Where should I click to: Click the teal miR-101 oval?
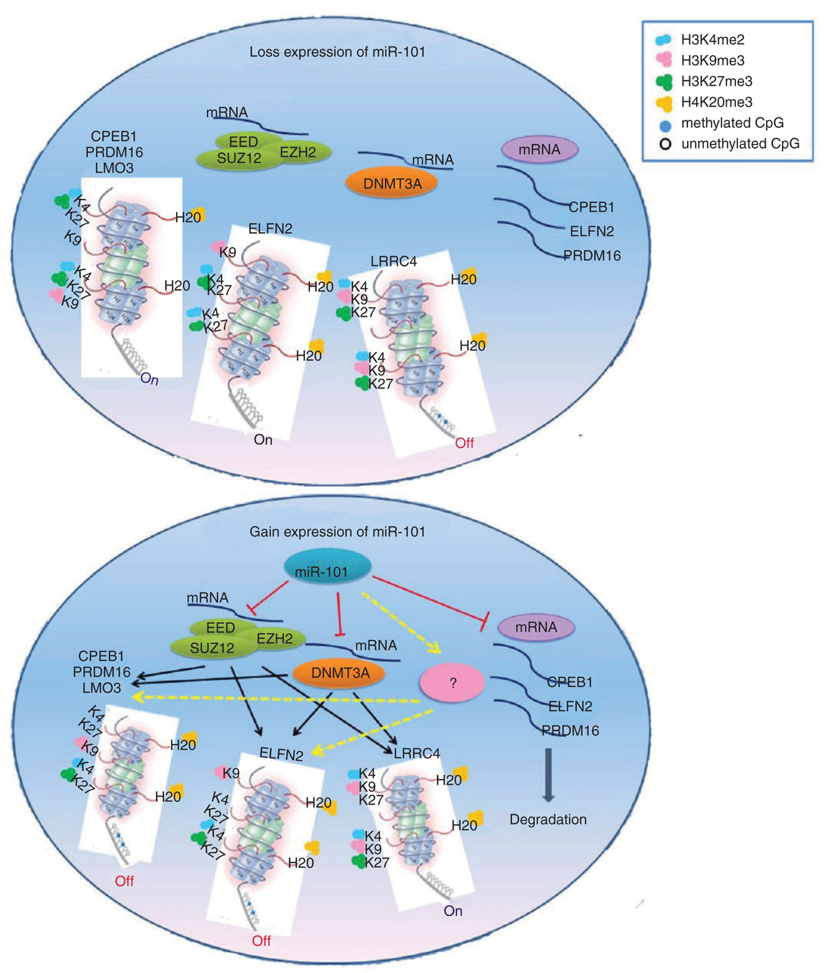coord(328,571)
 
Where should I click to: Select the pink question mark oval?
coord(452,681)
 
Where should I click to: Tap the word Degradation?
coord(548,820)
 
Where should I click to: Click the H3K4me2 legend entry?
coord(712,40)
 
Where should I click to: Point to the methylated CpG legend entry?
coord(732,123)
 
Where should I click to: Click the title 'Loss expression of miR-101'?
coord(337,52)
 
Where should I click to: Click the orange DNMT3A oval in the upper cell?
coord(393,183)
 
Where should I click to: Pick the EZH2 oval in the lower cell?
coord(275,639)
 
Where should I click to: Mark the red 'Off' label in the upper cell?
coord(465,443)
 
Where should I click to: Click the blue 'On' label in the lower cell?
coord(453,911)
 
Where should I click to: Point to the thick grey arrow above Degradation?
coord(548,774)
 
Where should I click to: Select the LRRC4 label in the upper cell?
coord(394,262)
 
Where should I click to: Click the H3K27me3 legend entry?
coord(716,81)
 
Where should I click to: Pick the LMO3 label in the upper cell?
coord(114,167)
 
